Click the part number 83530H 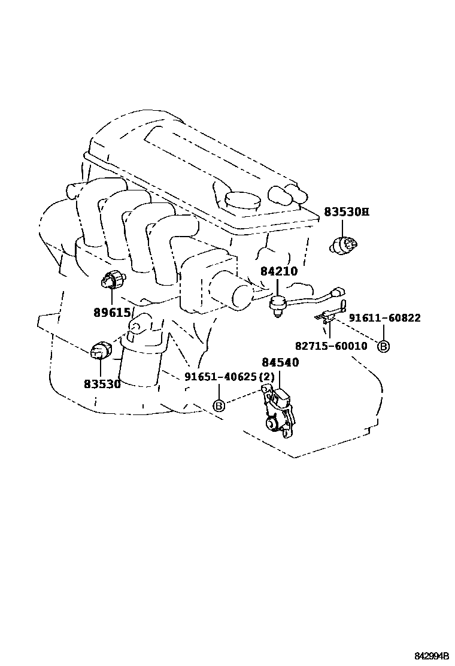tap(347, 212)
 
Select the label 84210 tap(278, 271)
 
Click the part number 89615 tap(111, 312)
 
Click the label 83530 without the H tap(102, 384)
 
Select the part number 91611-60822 tap(384, 318)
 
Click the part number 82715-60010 tap(331, 346)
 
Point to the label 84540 tap(280, 363)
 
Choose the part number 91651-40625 tap(220, 377)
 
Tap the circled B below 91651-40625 tap(219, 406)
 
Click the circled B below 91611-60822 tap(383, 346)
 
